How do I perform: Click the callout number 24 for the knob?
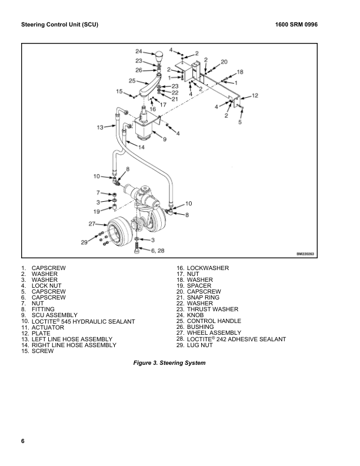[139, 51]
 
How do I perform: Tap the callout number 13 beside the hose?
[101, 127]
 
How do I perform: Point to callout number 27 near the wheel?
[92, 224]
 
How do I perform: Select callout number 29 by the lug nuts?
[85, 242]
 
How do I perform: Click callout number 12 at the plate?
[255, 95]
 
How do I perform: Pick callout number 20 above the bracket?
[224, 62]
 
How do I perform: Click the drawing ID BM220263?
[307, 254]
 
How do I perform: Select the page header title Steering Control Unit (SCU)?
[59, 25]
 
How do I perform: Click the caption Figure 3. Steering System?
[170, 363]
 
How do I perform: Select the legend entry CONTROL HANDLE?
[214, 321]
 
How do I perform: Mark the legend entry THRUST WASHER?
[212, 309]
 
